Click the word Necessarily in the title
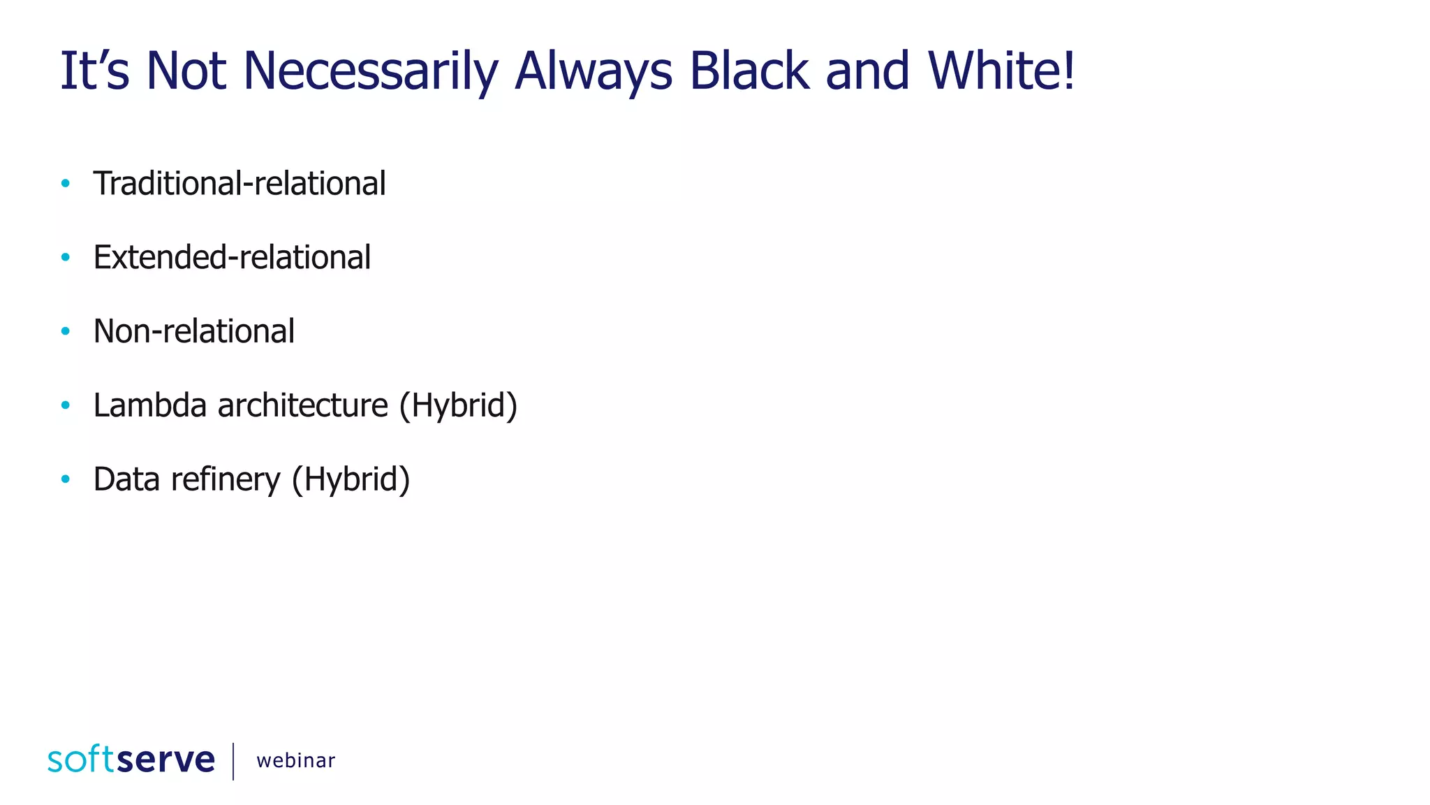tap(370, 71)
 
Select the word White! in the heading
tap(1002, 71)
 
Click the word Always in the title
tap(593, 71)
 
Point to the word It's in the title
tap(94, 71)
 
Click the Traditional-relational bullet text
tap(239, 184)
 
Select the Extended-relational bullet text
tap(232, 258)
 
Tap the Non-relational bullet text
tap(193, 332)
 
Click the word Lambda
tap(149, 405)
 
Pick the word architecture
tap(302, 405)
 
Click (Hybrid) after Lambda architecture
tap(458, 405)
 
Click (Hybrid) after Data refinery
tap(351, 479)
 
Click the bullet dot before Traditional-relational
tap(66, 184)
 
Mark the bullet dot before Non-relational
tap(66, 331)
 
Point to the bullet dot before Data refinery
tap(66, 479)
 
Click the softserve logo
tap(131, 760)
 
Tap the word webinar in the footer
tap(295, 760)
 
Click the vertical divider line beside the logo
tap(233, 761)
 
